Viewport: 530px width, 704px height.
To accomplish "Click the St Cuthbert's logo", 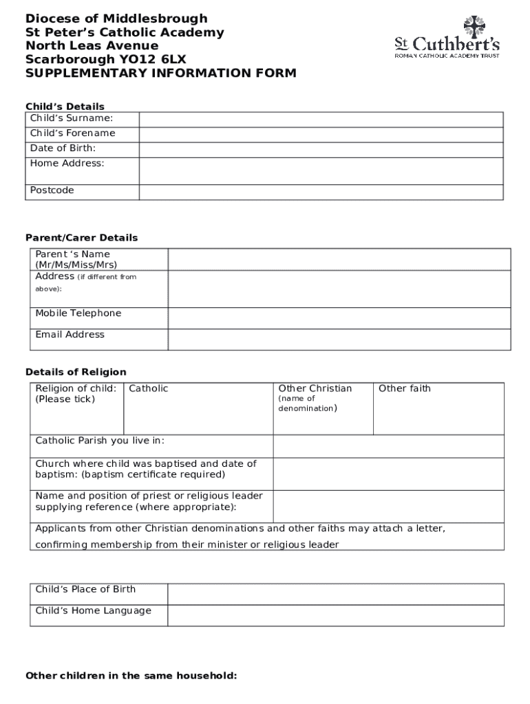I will (447, 38).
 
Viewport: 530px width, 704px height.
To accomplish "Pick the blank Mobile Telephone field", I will (339, 318).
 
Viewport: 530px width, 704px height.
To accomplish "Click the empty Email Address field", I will (339, 339).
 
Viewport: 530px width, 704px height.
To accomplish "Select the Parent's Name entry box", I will (339, 259).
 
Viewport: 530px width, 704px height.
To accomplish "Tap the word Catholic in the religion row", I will (149, 388).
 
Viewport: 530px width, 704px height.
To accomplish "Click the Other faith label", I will (405, 388).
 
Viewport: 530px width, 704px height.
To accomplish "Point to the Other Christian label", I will (315, 388).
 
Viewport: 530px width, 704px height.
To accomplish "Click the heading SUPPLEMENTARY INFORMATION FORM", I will (161, 73).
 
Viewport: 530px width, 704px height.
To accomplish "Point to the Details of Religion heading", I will (76, 372).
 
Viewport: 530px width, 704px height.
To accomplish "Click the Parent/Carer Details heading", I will (82, 238).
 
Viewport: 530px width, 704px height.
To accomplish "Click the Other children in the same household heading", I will (131, 676).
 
